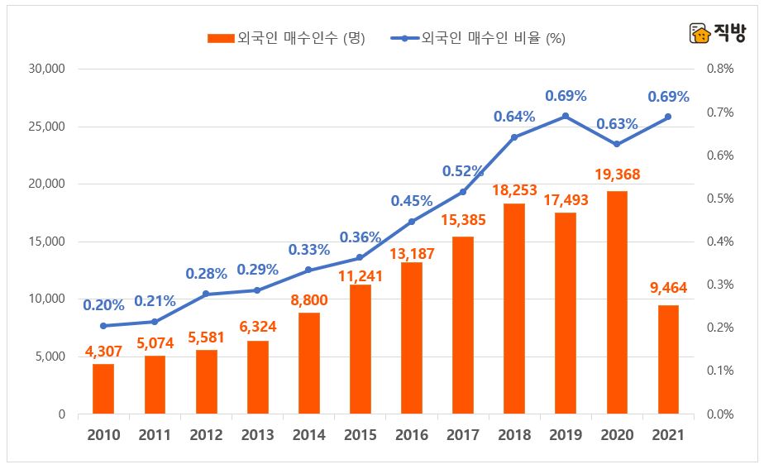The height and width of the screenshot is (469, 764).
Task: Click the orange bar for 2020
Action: click(617, 303)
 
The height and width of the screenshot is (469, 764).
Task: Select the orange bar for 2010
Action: click(103, 389)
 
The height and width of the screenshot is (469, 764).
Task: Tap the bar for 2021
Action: click(668, 360)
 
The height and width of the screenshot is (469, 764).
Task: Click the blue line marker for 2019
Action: click(566, 116)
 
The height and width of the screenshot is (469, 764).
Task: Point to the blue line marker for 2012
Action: click(206, 294)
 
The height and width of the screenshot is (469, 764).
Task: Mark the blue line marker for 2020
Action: click(617, 144)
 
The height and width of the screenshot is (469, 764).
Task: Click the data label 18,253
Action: click(513, 189)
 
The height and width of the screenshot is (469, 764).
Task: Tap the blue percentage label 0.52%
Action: click(463, 171)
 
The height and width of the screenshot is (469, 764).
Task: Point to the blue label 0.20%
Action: click(103, 305)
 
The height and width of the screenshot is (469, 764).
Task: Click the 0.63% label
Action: click(617, 124)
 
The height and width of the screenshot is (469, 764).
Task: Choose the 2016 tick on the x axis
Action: click(412, 435)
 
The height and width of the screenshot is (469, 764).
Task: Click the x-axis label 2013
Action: click(257, 435)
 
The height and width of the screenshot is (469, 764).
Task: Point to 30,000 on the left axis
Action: click(46, 69)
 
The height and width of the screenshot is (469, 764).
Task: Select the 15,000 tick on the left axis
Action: click(46, 242)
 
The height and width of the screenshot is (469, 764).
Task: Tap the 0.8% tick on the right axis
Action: click(721, 69)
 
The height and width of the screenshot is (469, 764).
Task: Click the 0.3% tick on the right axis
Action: click(721, 285)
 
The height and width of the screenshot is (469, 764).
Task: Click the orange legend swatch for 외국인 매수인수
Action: click(221, 38)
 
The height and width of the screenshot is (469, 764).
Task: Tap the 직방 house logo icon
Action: click(700, 34)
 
